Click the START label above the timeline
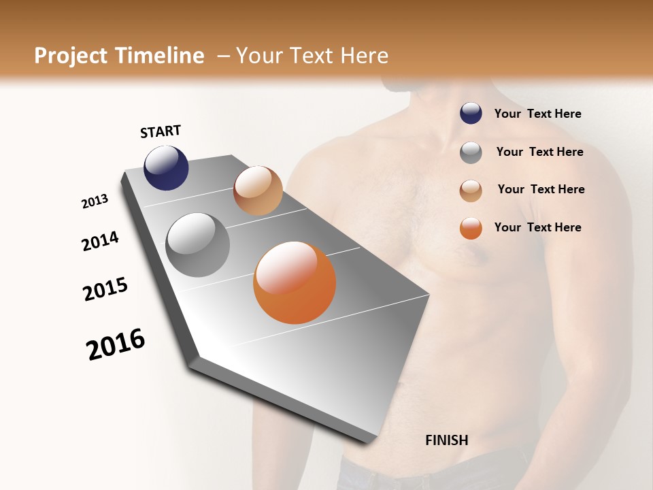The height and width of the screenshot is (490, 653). [161, 131]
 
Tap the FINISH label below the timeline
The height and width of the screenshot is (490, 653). [447, 440]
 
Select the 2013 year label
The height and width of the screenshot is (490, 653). [95, 201]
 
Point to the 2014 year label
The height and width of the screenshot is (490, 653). [100, 242]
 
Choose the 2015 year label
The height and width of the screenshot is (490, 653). [105, 289]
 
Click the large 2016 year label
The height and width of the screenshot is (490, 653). [116, 344]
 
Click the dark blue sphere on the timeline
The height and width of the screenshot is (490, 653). [166, 168]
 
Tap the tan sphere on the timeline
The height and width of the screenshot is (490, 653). [258, 191]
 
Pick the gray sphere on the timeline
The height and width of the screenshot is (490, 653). [198, 245]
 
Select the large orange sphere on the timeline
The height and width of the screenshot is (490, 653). [295, 282]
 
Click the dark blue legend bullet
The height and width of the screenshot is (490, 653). [471, 114]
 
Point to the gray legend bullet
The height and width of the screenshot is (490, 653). [471, 152]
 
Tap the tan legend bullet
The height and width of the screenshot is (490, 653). [471, 191]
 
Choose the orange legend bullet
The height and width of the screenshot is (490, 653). [471, 228]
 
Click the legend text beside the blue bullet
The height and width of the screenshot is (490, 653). [537, 114]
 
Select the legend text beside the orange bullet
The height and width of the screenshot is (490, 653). [537, 227]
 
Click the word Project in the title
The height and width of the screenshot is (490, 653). [70, 56]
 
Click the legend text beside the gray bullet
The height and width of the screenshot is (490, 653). [539, 152]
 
